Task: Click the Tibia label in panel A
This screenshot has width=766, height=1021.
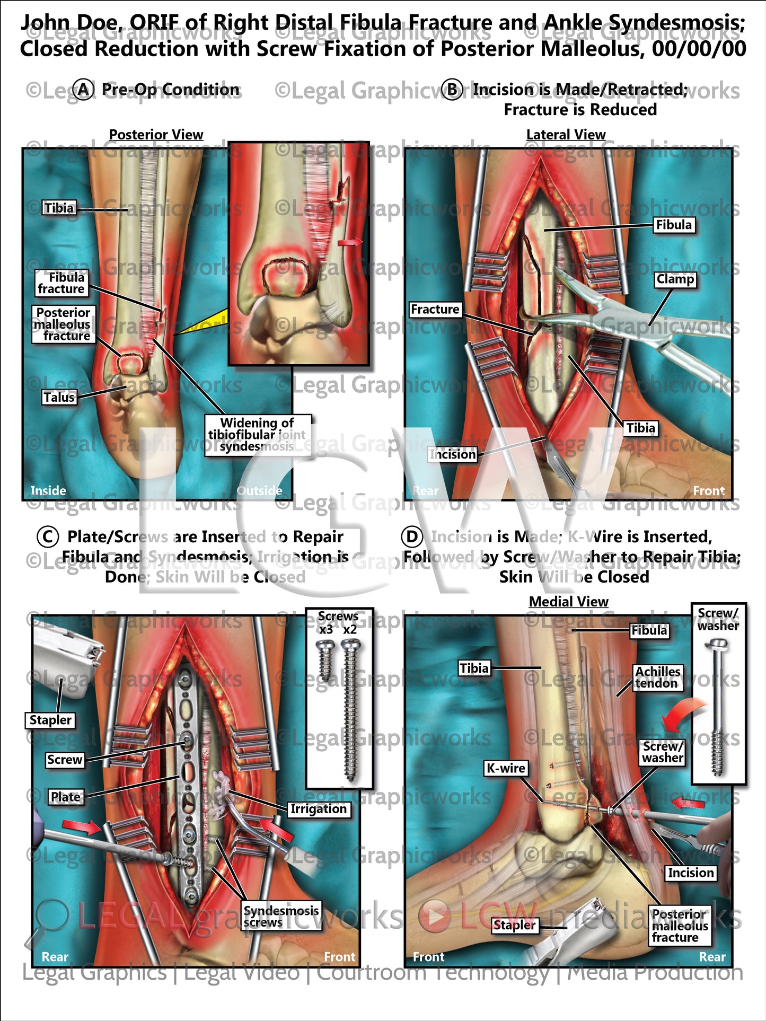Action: [x=59, y=208]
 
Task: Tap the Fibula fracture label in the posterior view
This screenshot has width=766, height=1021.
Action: [x=61, y=283]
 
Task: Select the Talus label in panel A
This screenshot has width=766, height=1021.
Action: [x=59, y=397]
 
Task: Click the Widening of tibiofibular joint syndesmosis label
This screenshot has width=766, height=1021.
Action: [x=258, y=434]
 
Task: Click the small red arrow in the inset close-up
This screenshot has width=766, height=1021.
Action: [x=349, y=242]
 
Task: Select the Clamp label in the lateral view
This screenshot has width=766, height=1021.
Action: [x=675, y=279]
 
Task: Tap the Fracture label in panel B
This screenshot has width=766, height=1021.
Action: [x=435, y=309]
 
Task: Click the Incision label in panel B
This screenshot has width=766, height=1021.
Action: [x=453, y=454]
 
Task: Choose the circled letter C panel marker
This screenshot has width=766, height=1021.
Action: [x=47, y=537]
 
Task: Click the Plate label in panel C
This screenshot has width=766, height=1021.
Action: [x=66, y=797]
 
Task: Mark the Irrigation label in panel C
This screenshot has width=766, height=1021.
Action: [x=318, y=809]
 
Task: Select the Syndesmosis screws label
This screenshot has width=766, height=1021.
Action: [x=281, y=916]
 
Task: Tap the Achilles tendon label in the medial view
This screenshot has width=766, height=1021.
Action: [x=658, y=677]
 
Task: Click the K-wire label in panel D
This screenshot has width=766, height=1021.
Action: [x=506, y=768]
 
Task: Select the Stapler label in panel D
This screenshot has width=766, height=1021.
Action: [x=514, y=925]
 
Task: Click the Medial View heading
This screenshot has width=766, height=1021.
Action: [x=568, y=602]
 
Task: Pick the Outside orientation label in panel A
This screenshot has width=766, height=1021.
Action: [x=259, y=490]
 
